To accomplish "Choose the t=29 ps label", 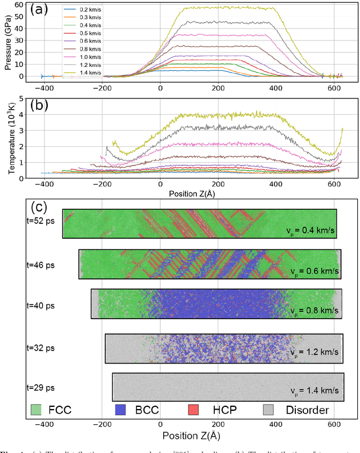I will pyautogui.click(x=42, y=387).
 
